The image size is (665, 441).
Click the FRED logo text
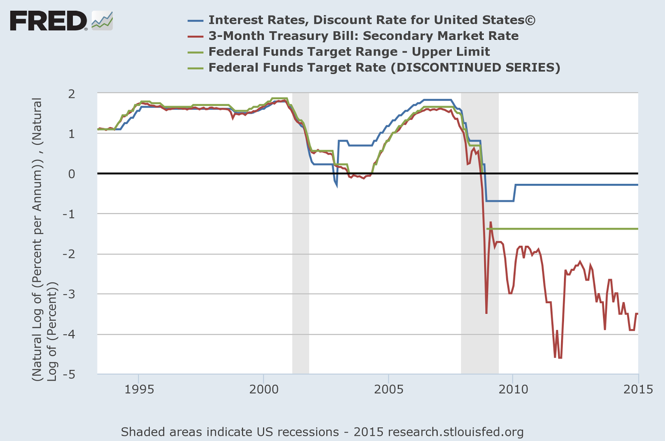tap(48, 21)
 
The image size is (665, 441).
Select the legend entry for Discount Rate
tap(372, 20)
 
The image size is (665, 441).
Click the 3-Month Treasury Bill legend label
tap(363, 36)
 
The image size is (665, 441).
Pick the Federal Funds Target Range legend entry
tap(349, 51)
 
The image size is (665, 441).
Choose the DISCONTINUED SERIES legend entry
tap(384, 67)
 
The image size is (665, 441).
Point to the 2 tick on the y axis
tap(72, 94)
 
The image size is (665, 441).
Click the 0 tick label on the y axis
tap(72, 174)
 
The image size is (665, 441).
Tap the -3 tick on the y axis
tap(69, 294)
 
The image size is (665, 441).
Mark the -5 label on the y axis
tap(69, 374)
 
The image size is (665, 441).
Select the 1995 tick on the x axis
tap(139, 389)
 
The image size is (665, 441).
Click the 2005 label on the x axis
tap(389, 389)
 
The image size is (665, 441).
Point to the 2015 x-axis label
tap(638, 389)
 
